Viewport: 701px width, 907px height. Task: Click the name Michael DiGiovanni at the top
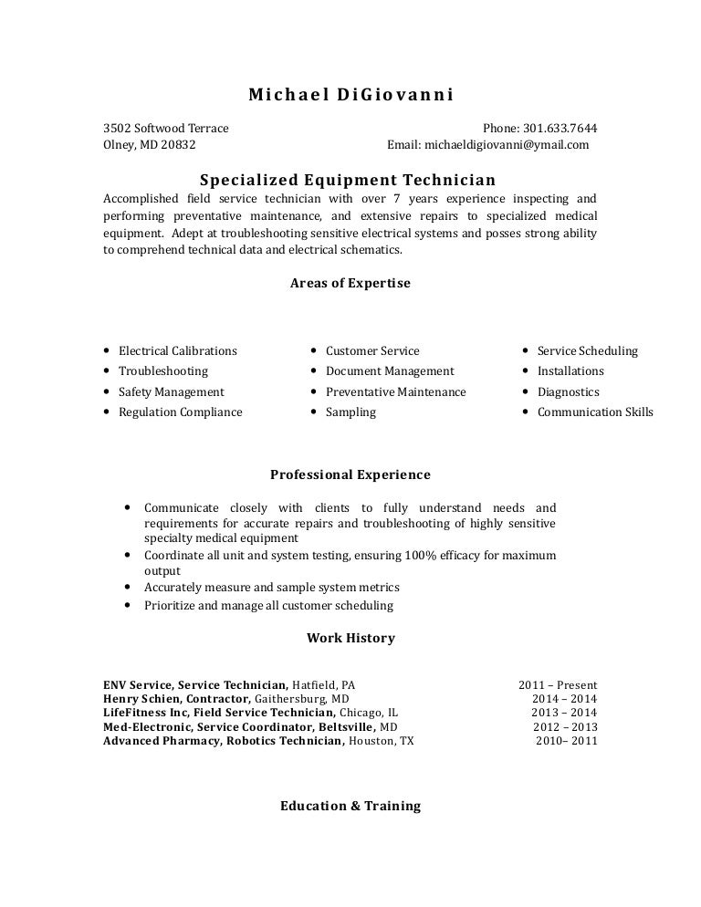pyautogui.click(x=350, y=95)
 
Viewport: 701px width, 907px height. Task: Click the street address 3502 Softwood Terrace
pyautogui.click(x=166, y=128)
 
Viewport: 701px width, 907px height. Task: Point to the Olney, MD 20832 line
pyautogui.click(x=149, y=144)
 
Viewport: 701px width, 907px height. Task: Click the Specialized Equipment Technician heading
pyautogui.click(x=348, y=180)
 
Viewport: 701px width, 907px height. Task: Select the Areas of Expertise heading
pyautogui.click(x=350, y=283)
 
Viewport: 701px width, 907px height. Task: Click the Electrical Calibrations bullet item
pyautogui.click(x=177, y=350)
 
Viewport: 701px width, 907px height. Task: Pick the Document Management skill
pyautogui.click(x=390, y=371)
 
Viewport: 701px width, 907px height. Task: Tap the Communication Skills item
pyautogui.click(x=595, y=412)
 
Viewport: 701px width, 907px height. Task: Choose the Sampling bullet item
pyautogui.click(x=350, y=412)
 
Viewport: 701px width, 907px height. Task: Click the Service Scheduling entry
pyautogui.click(x=587, y=350)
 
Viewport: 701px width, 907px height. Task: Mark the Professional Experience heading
pyautogui.click(x=350, y=474)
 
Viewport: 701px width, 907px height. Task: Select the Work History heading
pyautogui.click(x=350, y=638)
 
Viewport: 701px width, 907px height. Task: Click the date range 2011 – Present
pyautogui.click(x=558, y=684)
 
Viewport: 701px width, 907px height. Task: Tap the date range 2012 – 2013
pyautogui.click(x=565, y=727)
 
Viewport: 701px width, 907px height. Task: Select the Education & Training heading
pyautogui.click(x=350, y=806)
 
